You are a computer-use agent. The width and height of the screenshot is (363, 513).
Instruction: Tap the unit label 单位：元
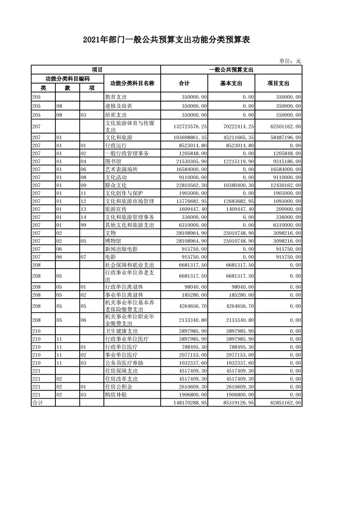point(290,61)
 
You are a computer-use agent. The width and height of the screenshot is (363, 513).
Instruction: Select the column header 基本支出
point(231,83)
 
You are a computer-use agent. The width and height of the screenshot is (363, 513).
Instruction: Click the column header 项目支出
point(278,83)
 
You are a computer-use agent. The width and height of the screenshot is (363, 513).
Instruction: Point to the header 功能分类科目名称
point(132,83)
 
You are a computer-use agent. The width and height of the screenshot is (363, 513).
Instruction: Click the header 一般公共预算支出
point(231,69)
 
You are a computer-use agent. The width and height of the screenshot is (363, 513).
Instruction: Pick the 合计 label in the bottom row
point(37,403)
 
